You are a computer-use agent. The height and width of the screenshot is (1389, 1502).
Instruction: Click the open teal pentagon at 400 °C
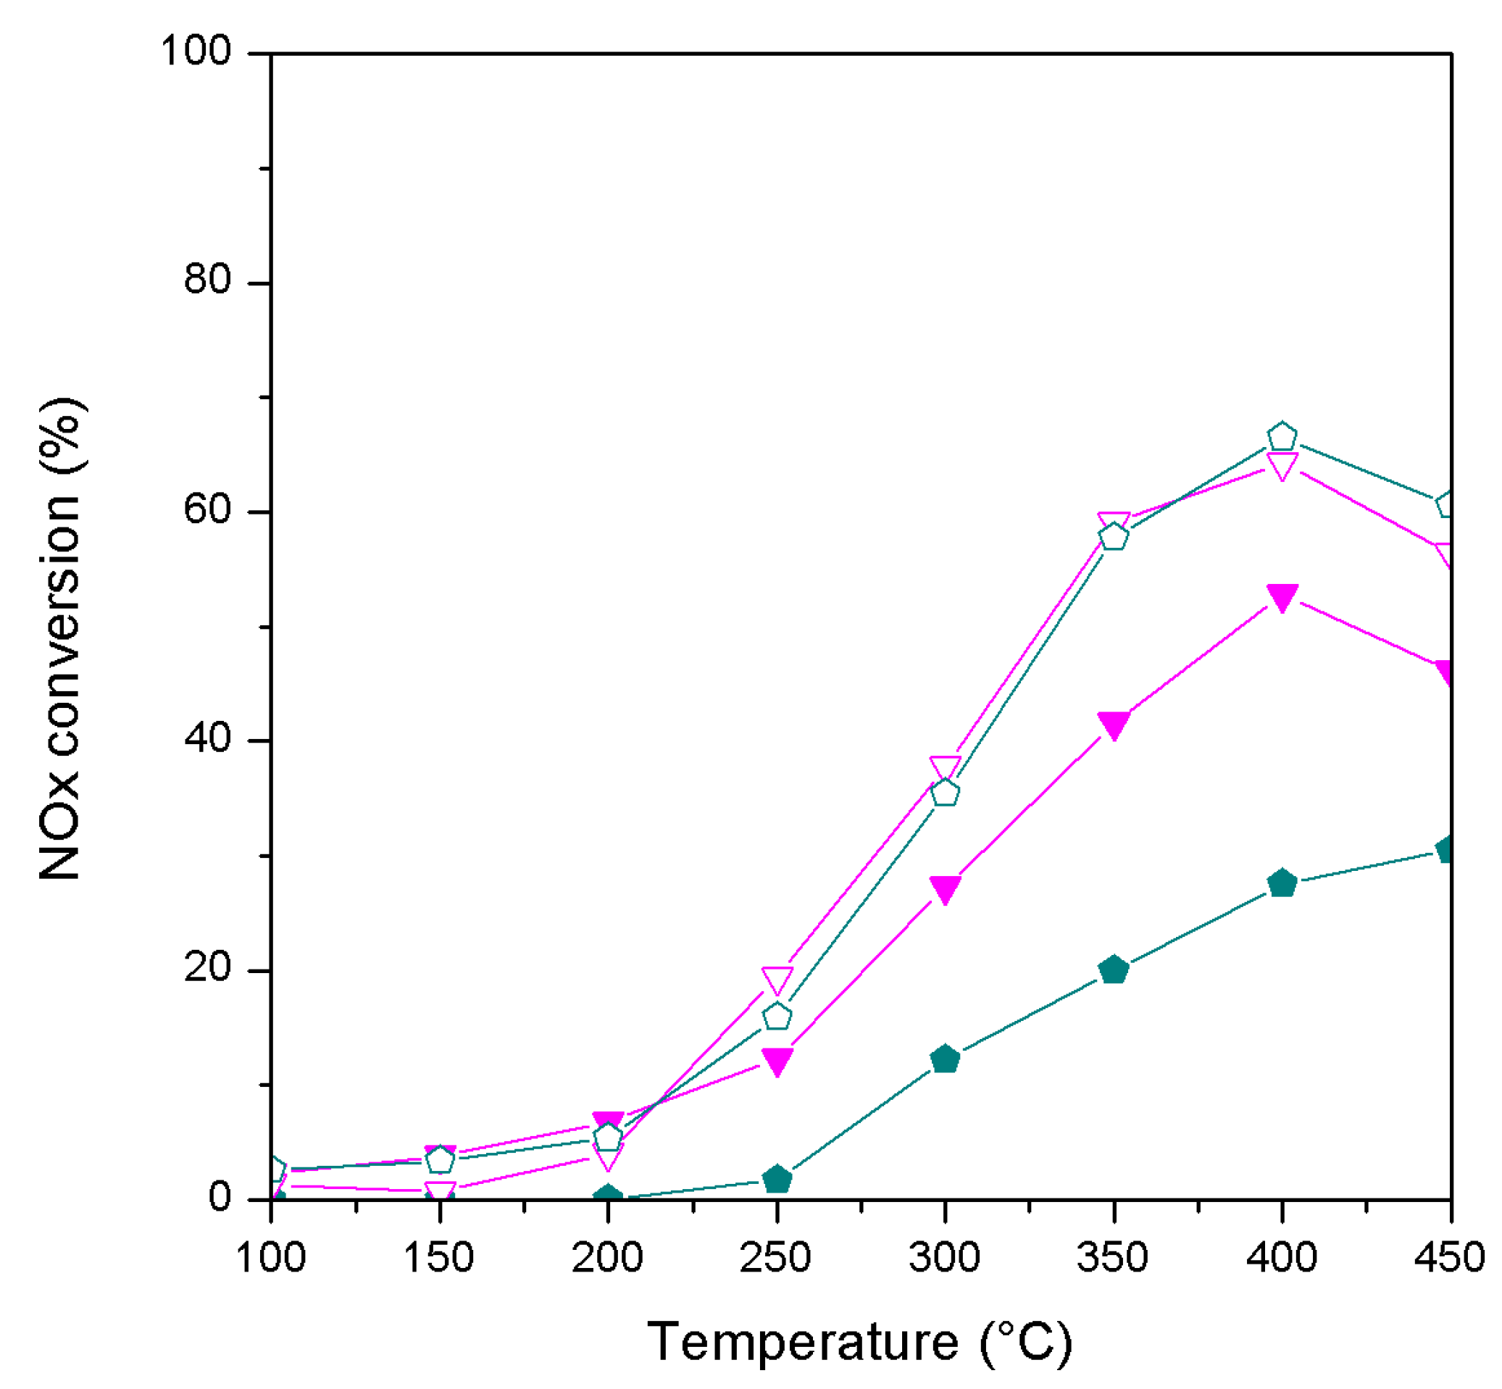(x=1281, y=437)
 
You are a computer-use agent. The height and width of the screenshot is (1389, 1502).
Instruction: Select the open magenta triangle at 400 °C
(x=1281, y=465)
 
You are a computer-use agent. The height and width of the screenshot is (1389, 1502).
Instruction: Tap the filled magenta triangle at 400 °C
(x=1281, y=596)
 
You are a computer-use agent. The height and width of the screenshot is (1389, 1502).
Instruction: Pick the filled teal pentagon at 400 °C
(x=1281, y=883)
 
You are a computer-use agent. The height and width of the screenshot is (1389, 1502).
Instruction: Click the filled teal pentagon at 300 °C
(x=944, y=1059)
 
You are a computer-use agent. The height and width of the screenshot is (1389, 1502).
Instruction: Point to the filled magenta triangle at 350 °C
(x=1113, y=724)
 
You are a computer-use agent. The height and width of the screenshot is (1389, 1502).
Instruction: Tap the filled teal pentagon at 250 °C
(x=777, y=1180)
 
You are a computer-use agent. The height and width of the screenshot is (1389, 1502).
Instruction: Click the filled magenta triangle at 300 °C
(x=944, y=888)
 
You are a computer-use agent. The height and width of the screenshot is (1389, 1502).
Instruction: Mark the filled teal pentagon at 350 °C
(x=1113, y=969)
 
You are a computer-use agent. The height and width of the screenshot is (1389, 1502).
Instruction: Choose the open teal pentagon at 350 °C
(x=1113, y=537)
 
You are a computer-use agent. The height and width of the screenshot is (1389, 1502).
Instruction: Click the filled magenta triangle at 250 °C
(x=777, y=1061)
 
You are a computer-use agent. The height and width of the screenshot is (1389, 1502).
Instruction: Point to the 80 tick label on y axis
(x=206, y=280)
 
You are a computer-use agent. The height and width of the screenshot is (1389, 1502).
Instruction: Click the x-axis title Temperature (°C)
(x=859, y=1342)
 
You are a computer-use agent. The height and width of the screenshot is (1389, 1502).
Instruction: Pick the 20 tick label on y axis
(x=206, y=967)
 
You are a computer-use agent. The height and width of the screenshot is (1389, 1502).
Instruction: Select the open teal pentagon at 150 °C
(x=440, y=1160)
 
